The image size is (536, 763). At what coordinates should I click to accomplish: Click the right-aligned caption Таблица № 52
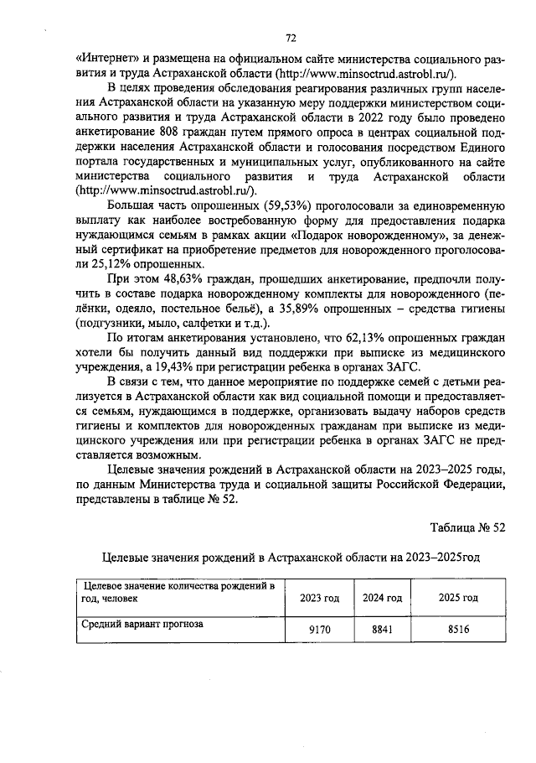pos(467,527)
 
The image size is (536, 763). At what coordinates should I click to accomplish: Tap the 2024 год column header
pos(382,598)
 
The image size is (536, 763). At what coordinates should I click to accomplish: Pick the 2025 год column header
pos(458,598)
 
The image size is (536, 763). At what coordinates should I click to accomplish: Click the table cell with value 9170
pos(319,629)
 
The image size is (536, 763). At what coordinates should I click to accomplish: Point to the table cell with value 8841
pos(382,629)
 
